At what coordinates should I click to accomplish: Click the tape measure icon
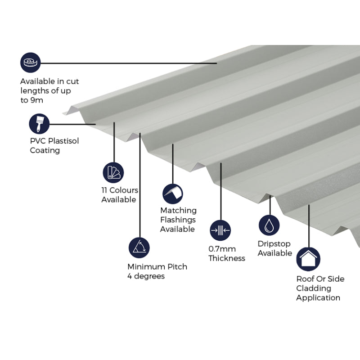(x=30, y=63)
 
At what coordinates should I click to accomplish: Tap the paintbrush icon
(x=39, y=124)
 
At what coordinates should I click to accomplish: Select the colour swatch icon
(x=113, y=172)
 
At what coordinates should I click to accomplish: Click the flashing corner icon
(x=173, y=193)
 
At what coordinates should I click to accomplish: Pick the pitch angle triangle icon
(x=139, y=247)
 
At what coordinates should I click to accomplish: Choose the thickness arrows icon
(x=220, y=230)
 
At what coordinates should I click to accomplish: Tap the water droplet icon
(x=269, y=225)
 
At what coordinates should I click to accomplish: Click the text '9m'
(x=37, y=100)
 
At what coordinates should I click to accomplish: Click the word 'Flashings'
(x=178, y=220)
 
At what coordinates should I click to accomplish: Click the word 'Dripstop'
(x=274, y=243)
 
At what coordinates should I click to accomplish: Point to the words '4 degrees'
(x=146, y=276)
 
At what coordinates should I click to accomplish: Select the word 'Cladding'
(x=313, y=288)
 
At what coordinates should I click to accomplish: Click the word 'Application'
(x=318, y=297)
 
